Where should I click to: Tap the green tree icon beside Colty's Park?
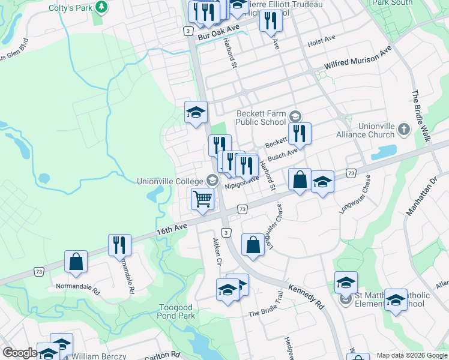[102, 7]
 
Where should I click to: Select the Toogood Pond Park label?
[176, 311]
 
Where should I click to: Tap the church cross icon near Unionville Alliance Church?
[404, 128]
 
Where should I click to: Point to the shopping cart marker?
[203, 199]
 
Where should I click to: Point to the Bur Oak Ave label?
[218, 31]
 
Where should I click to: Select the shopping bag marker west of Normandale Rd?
[76, 262]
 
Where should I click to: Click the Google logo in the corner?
[20, 353]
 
